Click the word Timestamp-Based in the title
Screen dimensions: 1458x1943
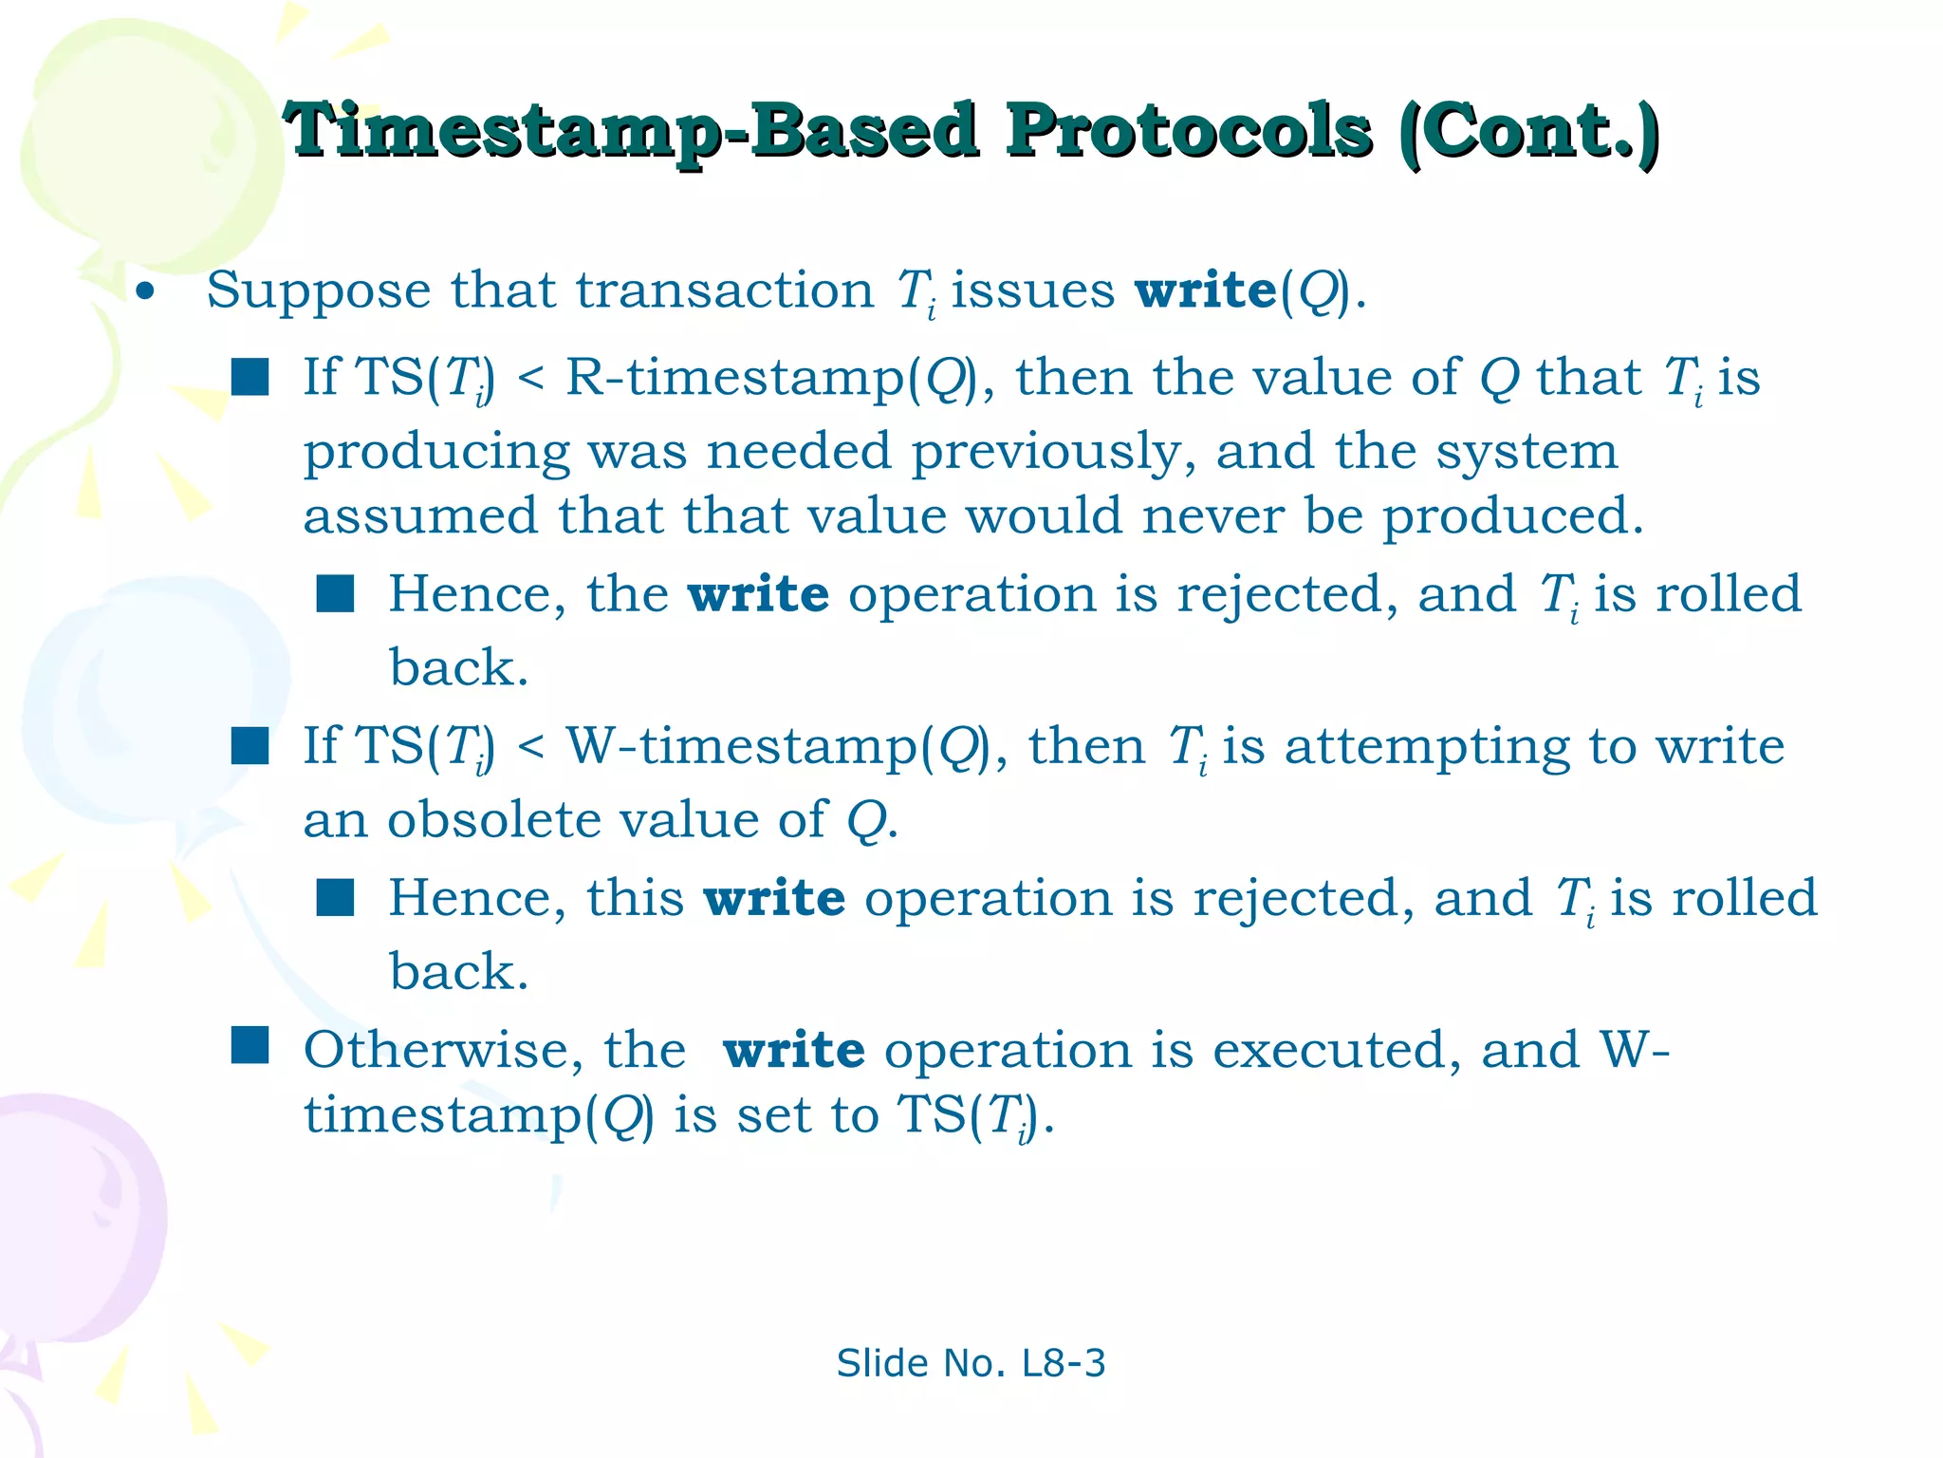pyautogui.click(x=631, y=131)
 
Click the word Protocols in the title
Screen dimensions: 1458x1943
pyautogui.click(x=1188, y=131)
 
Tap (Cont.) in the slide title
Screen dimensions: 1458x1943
pyautogui.click(x=1529, y=131)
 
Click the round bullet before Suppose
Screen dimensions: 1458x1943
pyautogui.click(x=144, y=291)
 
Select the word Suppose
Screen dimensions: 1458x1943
pyautogui.click(x=318, y=291)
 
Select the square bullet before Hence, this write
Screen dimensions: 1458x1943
pyautogui.click(x=335, y=896)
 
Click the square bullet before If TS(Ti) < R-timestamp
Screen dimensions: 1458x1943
pyautogui.click(x=250, y=377)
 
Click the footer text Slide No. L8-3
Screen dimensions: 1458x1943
pyautogui.click(x=971, y=1364)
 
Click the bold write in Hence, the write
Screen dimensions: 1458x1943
pyautogui.click(x=758, y=595)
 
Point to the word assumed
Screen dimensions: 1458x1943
pyautogui.click(x=420, y=517)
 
